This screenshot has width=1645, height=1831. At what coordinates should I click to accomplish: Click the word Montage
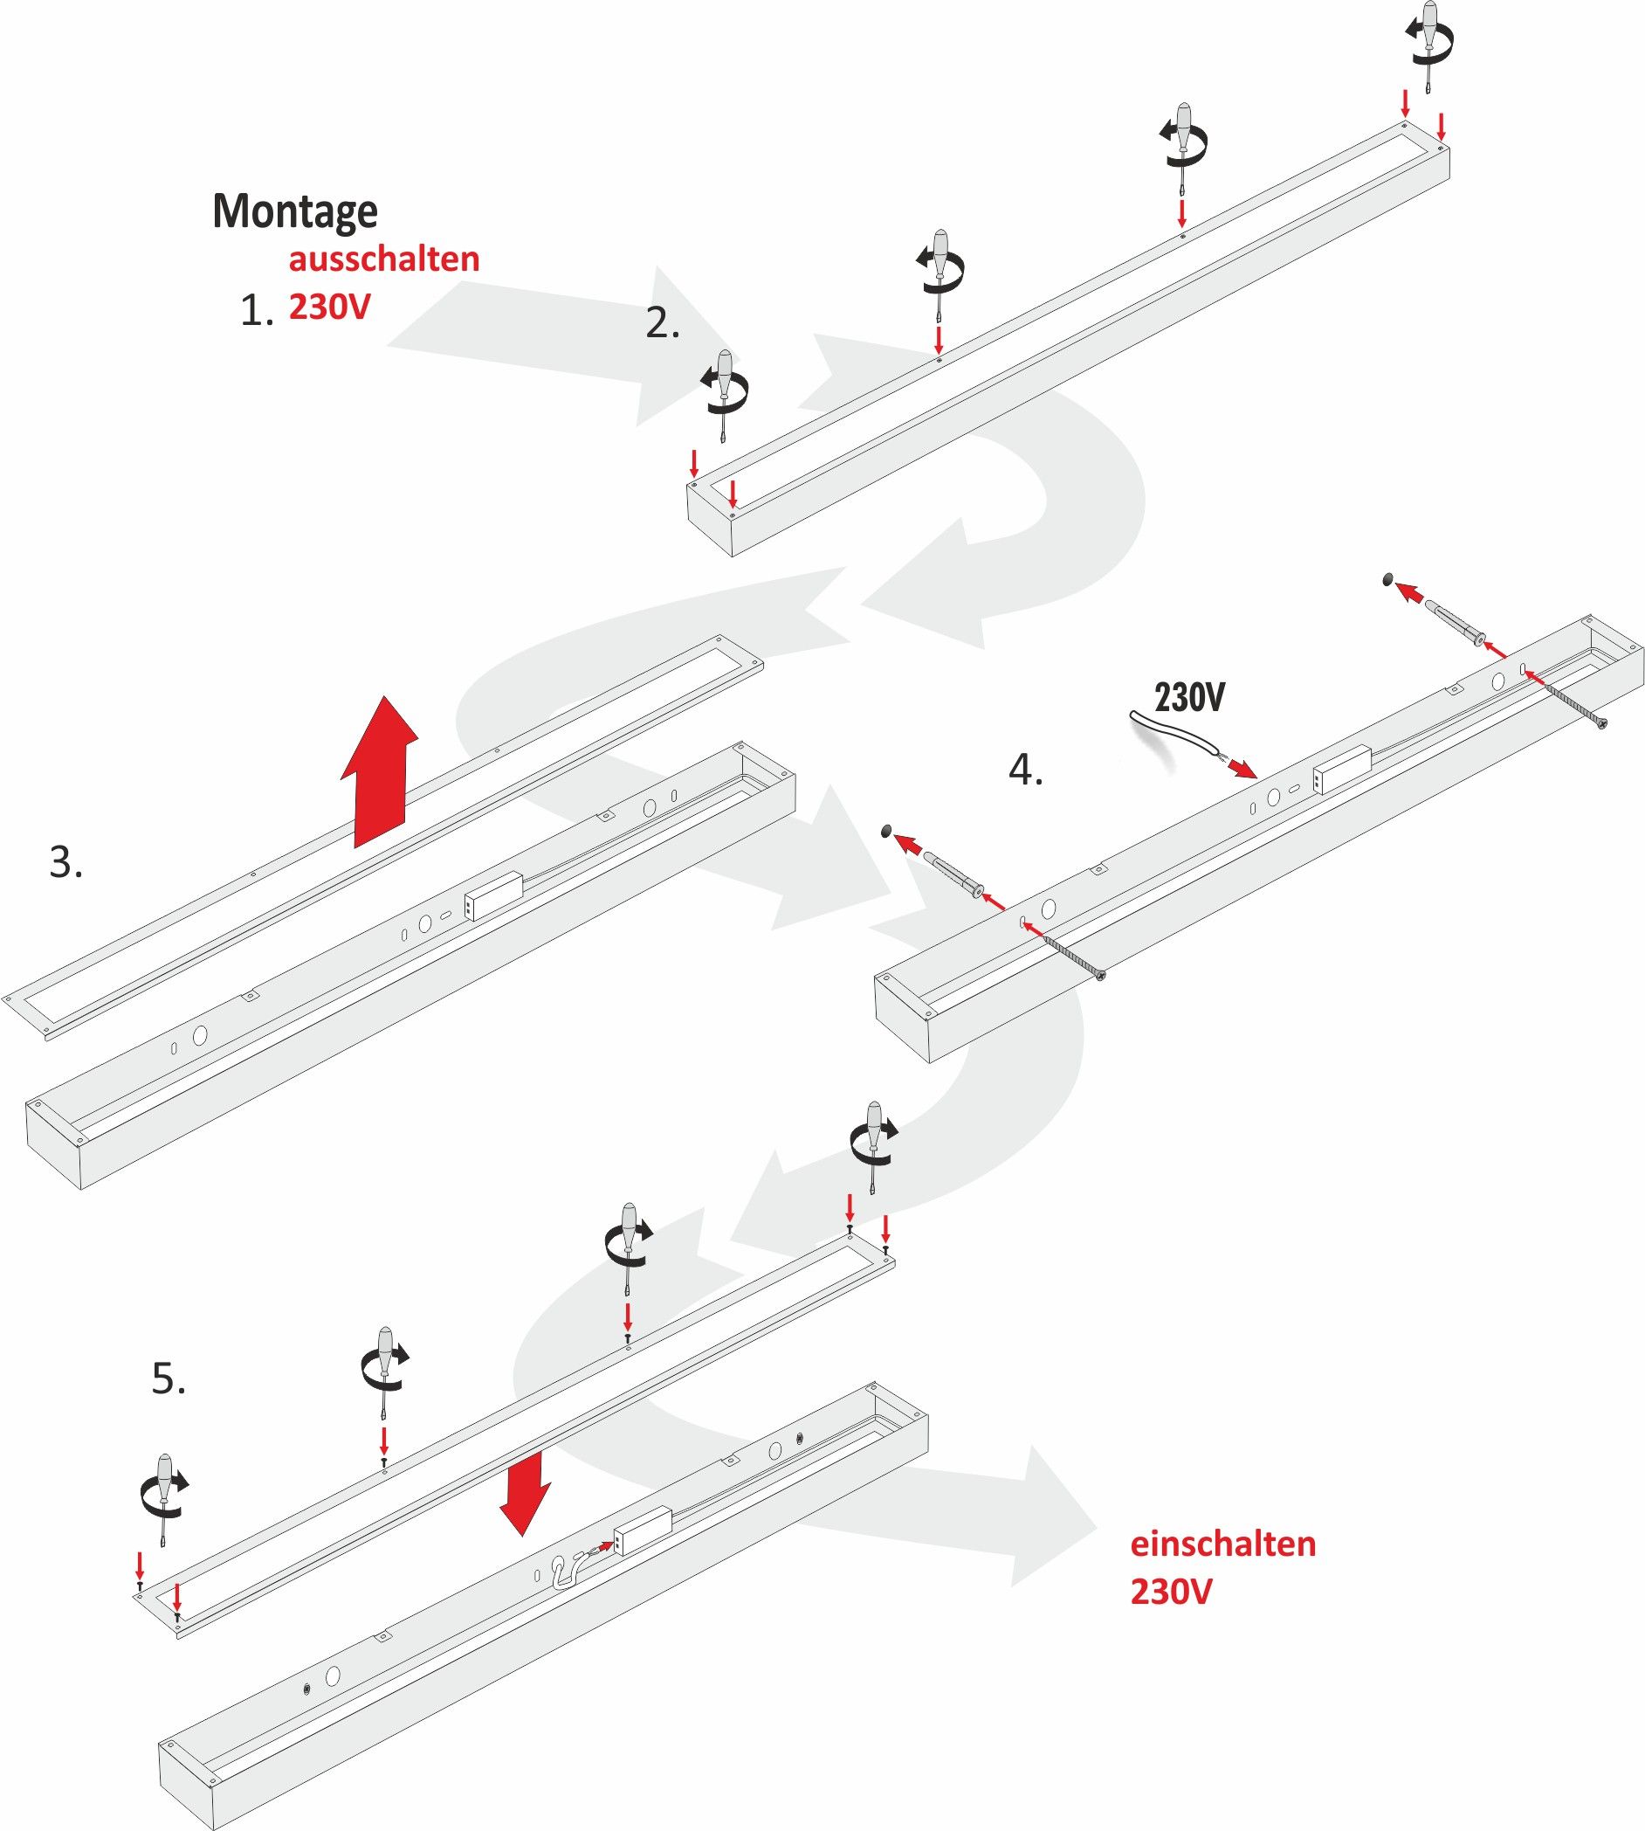294,211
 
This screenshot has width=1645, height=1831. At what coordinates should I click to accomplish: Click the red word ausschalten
384,259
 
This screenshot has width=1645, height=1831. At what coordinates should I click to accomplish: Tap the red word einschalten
1223,1544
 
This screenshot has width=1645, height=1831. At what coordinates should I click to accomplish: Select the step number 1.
256,312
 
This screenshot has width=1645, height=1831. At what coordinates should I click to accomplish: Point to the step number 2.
662,324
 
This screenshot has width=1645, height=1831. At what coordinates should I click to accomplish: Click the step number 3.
66,862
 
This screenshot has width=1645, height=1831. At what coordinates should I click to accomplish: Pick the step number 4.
1025,770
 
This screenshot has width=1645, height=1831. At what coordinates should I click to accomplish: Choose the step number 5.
169,1380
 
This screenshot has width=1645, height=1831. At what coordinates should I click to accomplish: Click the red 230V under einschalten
1171,1592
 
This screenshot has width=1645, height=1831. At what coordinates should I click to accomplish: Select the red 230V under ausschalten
329,307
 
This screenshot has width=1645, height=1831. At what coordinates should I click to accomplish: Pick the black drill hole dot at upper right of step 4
1387,578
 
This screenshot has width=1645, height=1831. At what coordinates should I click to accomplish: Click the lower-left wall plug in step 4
952,877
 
